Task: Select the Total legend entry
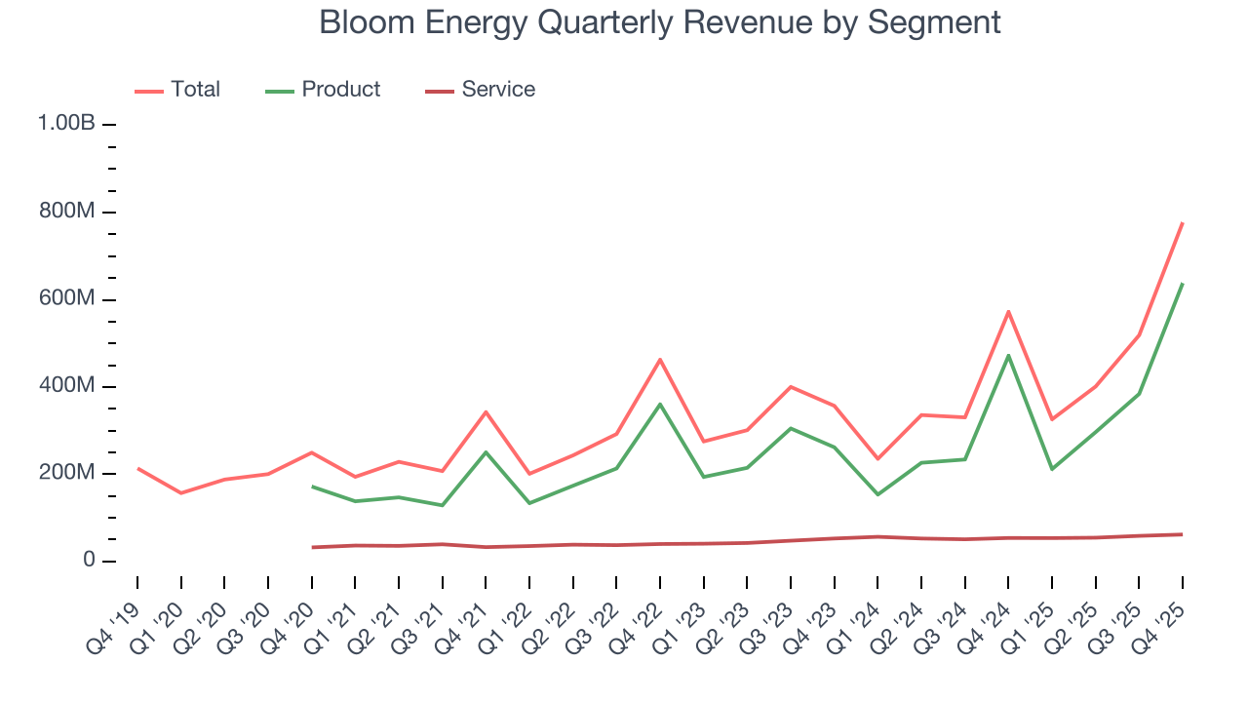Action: (195, 90)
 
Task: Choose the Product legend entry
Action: (340, 90)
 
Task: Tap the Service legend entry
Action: (498, 90)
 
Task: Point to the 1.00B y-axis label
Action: (66, 124)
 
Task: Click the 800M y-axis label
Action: (66, 212)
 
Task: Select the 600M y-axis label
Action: (66, 298)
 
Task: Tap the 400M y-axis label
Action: (66, 386)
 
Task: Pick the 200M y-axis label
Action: (66, 474)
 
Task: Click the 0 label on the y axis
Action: (89, 561)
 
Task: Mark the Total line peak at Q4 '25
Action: (1183, 222)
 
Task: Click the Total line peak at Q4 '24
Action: (1008, 311)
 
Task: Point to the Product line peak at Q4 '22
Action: (660, 404)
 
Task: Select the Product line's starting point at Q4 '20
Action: (311, 486)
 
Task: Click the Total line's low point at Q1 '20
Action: (180, 493)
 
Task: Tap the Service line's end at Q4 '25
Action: (1183, 534)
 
